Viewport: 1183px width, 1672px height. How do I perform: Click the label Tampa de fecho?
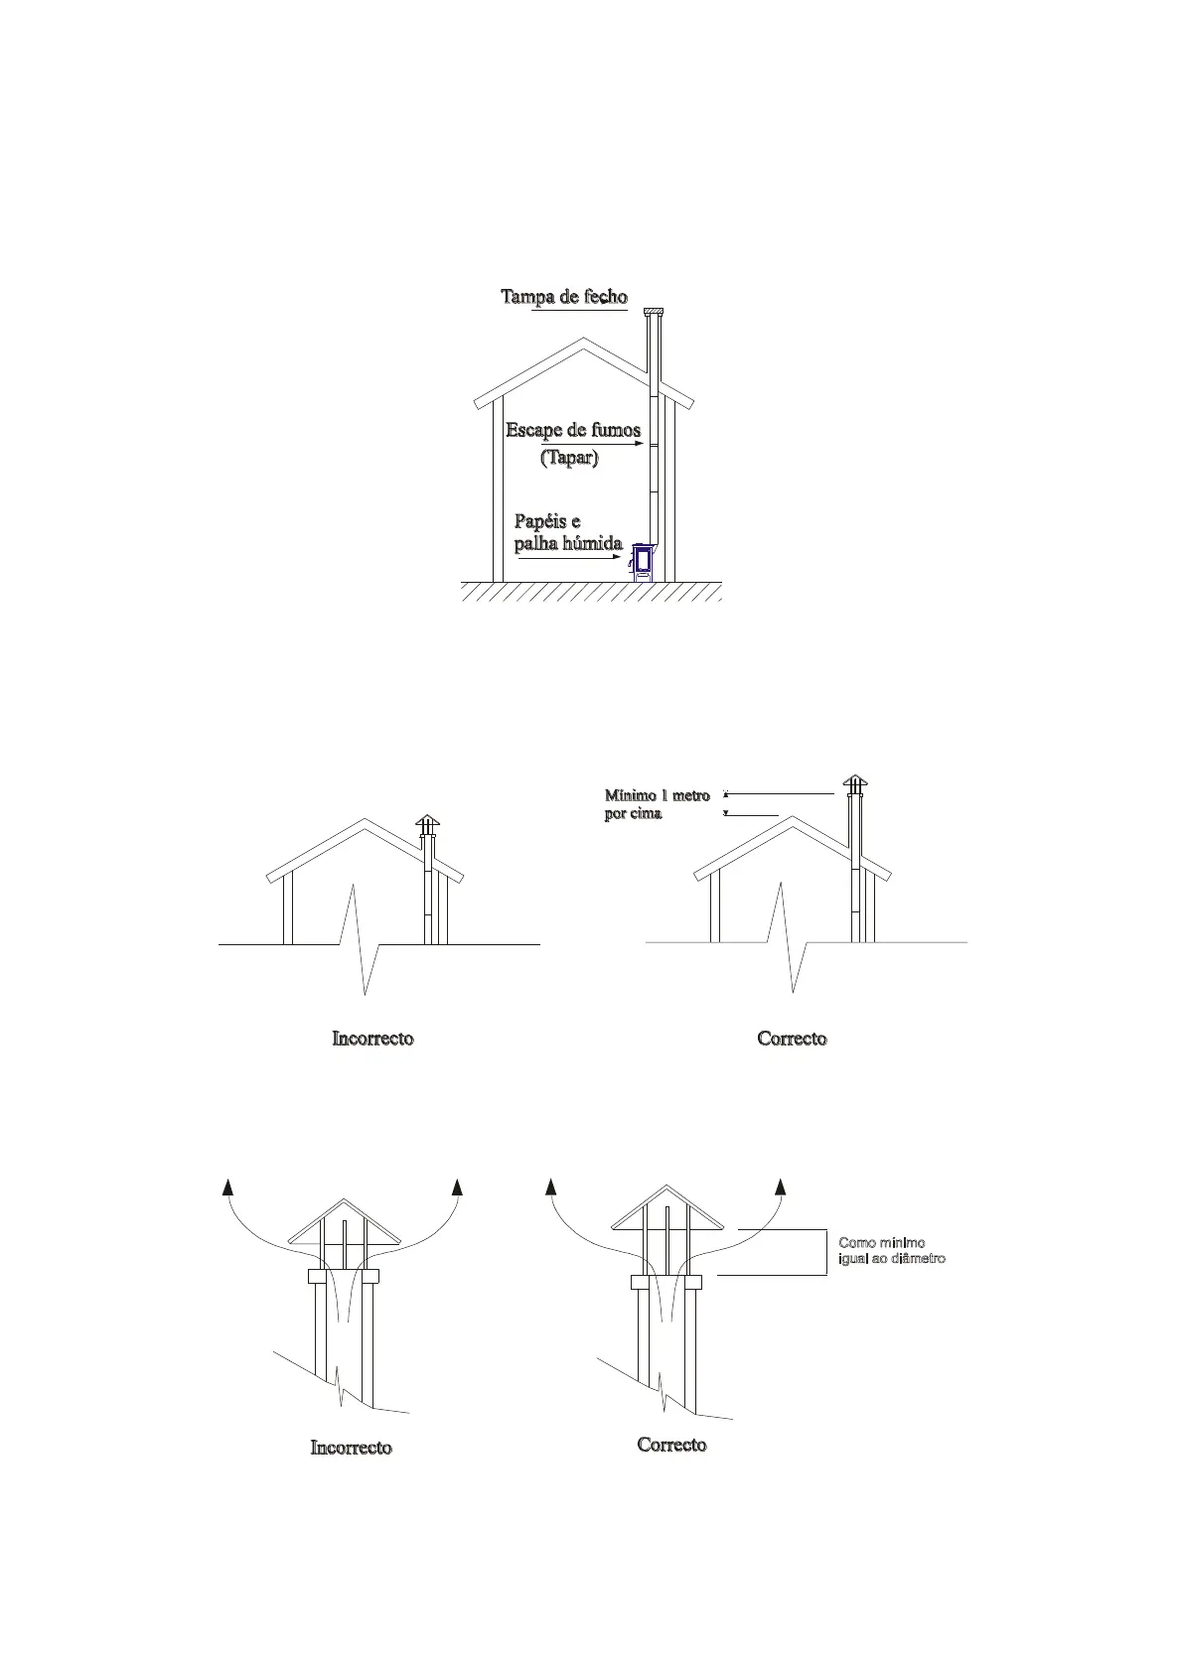(563, 297)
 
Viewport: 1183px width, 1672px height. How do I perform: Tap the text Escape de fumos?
(573, 431)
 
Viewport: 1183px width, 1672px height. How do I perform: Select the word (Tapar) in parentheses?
(569, 459)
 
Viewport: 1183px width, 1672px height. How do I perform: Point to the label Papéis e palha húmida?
(567, 533)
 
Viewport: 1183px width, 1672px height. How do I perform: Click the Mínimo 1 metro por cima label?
(657, 804)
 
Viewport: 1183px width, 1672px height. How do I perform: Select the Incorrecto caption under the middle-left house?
(372, 1039)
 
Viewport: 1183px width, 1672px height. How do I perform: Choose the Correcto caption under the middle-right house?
(792, 1039)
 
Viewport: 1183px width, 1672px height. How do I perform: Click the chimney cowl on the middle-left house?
(427, 824)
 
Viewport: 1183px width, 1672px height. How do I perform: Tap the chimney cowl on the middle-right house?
(854, 784)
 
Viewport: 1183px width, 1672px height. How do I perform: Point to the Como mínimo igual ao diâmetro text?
(891, 1251)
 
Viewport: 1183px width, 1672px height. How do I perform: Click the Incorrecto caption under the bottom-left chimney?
(351, 1448)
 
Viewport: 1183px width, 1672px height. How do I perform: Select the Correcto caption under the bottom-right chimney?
(671, 1445)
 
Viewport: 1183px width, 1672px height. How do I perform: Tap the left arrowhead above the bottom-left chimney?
(228, 1187)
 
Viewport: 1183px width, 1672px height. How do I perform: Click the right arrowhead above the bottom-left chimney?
(458, 1187)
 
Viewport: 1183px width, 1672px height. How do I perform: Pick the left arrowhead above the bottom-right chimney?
(551, 1187)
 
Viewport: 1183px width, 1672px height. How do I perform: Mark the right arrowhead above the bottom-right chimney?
(781, 1187)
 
